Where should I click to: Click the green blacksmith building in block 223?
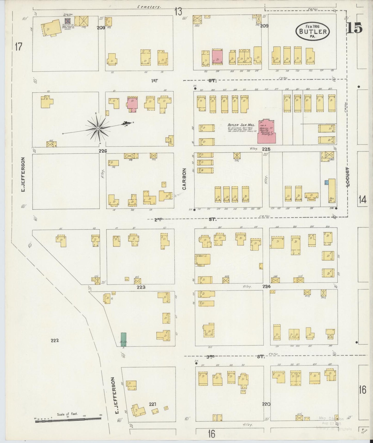124,339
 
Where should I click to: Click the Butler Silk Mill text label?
241,125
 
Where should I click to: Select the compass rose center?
98,128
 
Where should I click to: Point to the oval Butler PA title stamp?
313,31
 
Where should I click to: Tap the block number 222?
55,340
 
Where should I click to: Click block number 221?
153,404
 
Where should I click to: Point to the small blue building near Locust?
326,182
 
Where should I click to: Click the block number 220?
266,404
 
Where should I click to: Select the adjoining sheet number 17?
18,47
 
